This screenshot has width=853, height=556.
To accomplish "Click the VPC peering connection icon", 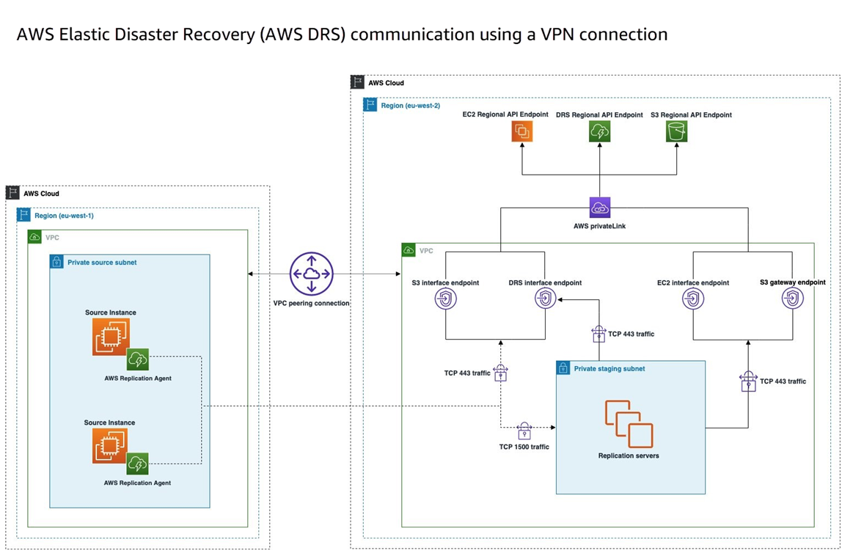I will click(312, 274).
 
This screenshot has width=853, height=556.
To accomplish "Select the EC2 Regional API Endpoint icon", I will click(522, 131).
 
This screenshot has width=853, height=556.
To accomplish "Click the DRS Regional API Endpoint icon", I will click(600, 131).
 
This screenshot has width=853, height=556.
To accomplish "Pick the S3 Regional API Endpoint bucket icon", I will click(676, 131).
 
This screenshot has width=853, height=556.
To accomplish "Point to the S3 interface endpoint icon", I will click(446, 299).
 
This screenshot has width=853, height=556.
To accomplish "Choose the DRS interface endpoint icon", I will click(545, 299).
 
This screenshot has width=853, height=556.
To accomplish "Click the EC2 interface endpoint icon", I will click(693, 299).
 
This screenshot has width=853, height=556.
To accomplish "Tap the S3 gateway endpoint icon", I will click(792, 299).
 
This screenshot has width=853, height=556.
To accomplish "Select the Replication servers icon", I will click(629, 423).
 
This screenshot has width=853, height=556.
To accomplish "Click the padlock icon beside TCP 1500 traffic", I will click(524, 431).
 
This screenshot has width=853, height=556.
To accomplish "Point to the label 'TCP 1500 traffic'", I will click(524, 447).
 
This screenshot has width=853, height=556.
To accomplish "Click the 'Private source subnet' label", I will click(102, 262).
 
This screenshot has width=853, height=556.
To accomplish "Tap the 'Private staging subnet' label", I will click(609, 369).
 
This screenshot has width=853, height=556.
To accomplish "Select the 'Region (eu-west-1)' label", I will click(64, 216).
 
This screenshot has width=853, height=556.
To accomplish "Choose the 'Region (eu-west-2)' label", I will click(411, 106).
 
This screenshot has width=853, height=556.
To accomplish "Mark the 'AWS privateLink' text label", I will click(600, 226).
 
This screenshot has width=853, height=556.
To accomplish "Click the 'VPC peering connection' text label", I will click(312, 304).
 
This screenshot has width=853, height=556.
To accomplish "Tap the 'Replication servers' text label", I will click(629, 456).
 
